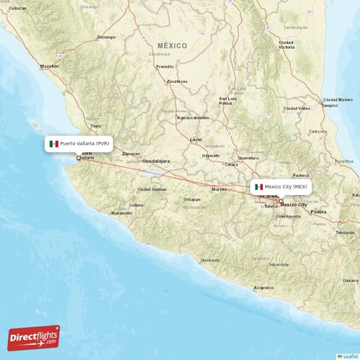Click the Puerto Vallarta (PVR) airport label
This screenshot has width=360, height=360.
[x=79, y=143]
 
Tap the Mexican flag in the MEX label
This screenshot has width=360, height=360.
[x=259, y=186]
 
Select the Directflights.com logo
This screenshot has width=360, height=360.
[x=34, y=336]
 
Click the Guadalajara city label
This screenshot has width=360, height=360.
[x=156, y=161]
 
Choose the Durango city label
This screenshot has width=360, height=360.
[x=106, y=36]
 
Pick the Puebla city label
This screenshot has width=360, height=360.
[x=318, y=212]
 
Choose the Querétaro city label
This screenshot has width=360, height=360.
[x=248, y=156]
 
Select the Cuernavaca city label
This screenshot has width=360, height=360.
[x=288, y=216]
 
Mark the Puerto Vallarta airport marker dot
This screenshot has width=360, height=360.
[x=78, y=158]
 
